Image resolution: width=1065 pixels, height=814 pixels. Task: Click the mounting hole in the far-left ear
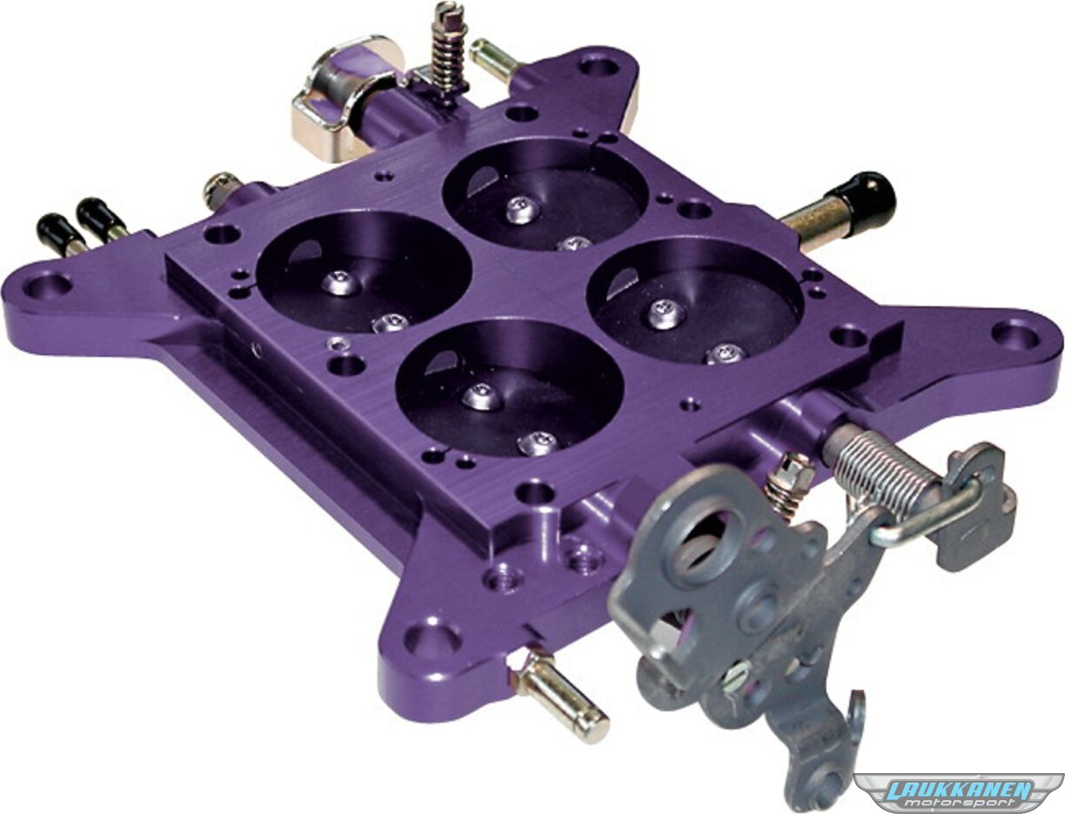(x=48, y=285)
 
